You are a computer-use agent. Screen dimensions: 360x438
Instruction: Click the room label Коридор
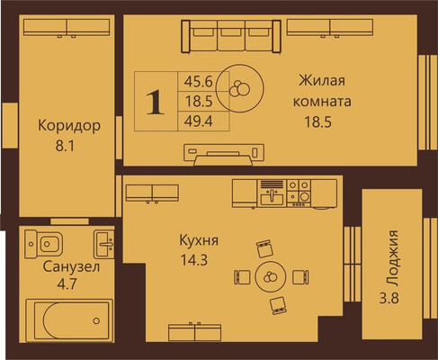click(68, 126)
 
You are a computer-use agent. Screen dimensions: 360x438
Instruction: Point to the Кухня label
click(200, 241)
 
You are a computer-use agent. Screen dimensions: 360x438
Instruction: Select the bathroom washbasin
click(105, 241)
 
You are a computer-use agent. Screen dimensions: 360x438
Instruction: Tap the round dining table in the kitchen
click(270, 276)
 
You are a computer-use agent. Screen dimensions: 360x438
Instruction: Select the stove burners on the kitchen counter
click(300, 191)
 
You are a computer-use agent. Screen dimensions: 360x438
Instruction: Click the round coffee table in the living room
click(239, 86)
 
